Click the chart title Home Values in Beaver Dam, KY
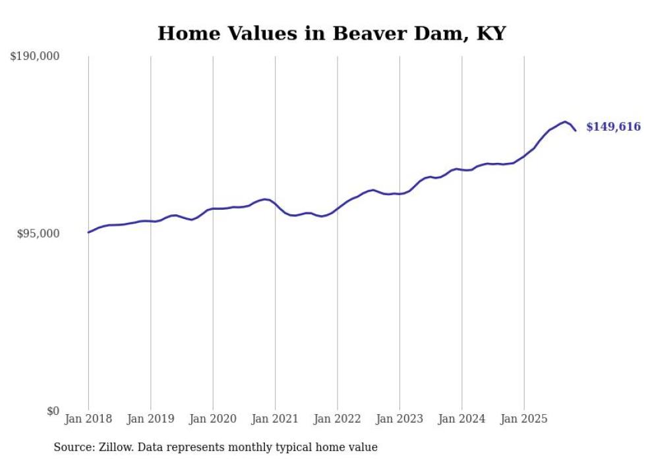(332, 34)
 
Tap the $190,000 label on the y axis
(35, 57)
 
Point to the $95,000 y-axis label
(38, 233)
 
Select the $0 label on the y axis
(53, 411)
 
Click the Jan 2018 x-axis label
(88, 419)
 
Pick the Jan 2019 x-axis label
(150, 419)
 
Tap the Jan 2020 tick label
(213, 419)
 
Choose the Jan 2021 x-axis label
(275, 419)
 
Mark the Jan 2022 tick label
(338, 419)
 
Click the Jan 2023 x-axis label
(399, 419)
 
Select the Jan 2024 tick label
(462, 419)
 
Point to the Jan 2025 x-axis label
(524, 419)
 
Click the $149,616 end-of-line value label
(613, 127)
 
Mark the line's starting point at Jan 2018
(88, 232)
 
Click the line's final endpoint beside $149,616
(575, 131)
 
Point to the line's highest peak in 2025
(565, 121)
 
